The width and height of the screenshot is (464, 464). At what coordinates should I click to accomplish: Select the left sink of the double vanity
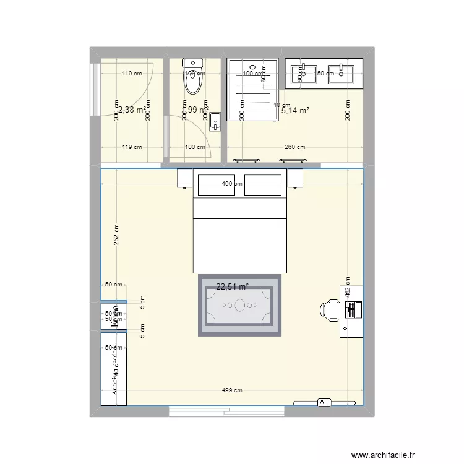click(303, 73)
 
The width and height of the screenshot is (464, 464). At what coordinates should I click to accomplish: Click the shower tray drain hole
click(252, 66)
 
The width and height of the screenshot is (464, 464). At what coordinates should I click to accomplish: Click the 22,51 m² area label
click(232, 286)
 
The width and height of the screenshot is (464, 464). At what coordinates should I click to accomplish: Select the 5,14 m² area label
click(295, 111)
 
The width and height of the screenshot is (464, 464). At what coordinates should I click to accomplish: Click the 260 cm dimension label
click(294, 147)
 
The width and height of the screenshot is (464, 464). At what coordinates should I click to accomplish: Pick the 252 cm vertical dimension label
click(116, 235)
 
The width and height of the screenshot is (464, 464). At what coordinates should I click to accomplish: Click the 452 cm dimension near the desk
click(348, 288)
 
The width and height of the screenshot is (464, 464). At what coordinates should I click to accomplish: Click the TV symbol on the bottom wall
click(324, 403)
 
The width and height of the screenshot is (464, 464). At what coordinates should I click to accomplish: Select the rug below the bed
click(239, 305)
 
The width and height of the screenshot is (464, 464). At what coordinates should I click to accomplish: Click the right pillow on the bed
click(264, 185)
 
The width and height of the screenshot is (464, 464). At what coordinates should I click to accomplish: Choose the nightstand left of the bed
click(185, 178)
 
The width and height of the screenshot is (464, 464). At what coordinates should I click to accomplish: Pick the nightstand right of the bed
click(294, 178)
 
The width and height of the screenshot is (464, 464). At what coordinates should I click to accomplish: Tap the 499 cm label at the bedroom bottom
click(232, 390)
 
